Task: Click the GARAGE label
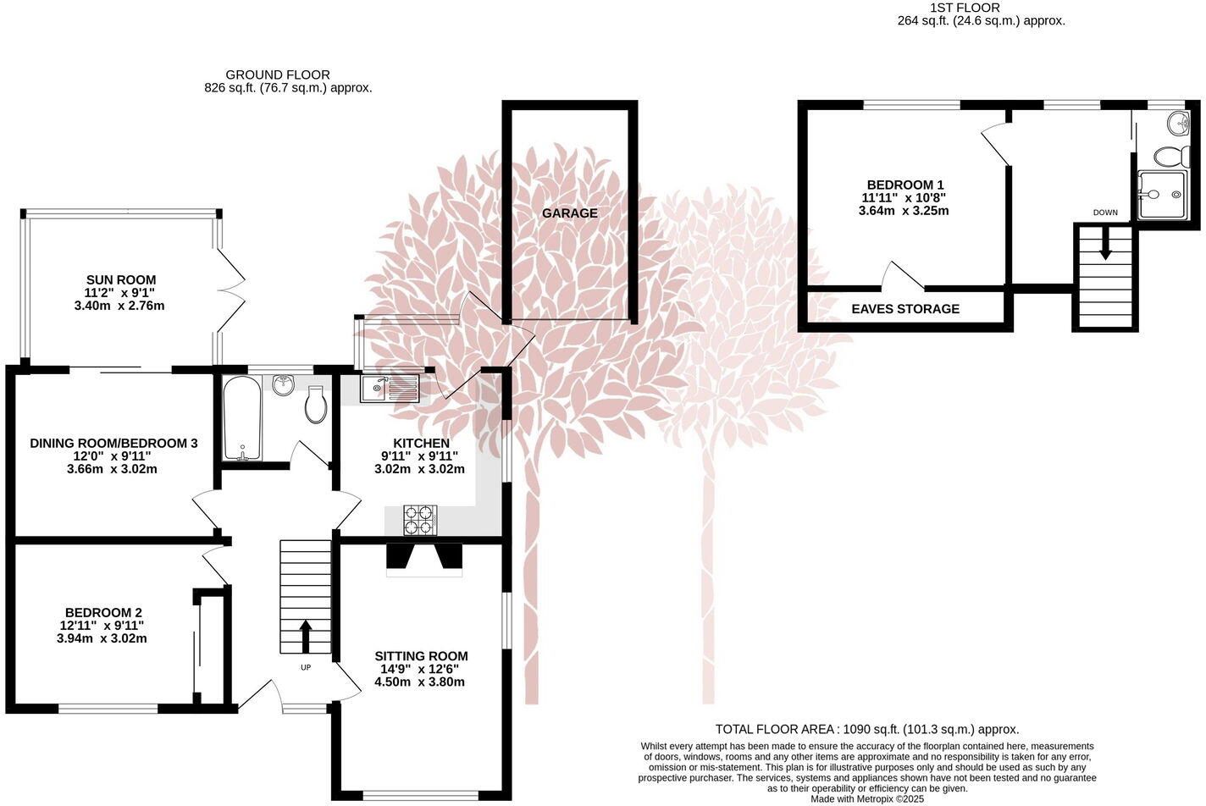coord(569,213)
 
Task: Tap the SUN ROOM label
coord(120,279)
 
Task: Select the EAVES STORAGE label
coord(905,309)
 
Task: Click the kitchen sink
coord(390,389)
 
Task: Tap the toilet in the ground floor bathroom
coord(316,405)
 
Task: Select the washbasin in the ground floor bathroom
coord(283,385)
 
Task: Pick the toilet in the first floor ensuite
coord(1170,157)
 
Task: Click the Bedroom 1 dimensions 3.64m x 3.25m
coord(904,210)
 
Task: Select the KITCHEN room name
coord(421,444)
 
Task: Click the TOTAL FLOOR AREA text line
coord(866,729)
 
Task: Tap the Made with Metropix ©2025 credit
coord(866,798)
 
